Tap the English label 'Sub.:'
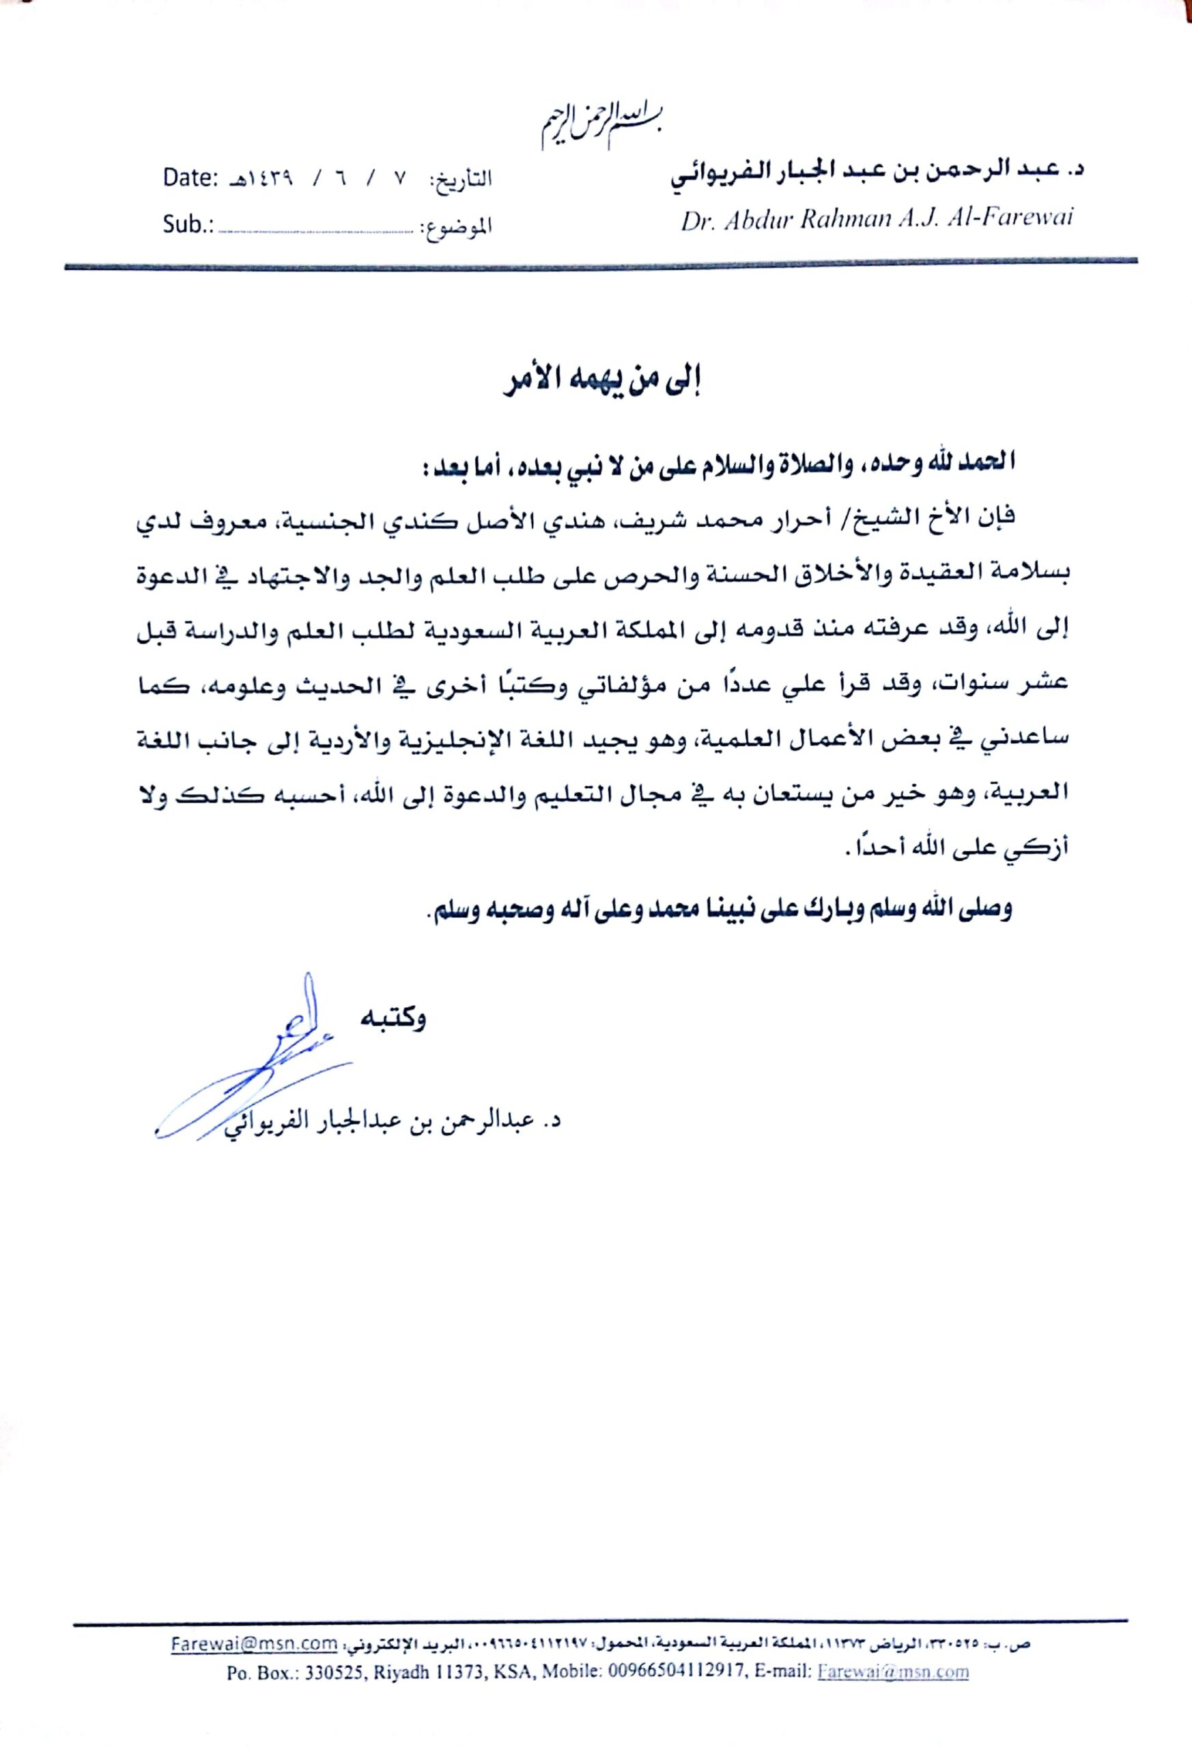188,224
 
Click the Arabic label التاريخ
460,180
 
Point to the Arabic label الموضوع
455,225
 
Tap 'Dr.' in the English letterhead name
697,220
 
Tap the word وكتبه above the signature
393,1019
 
